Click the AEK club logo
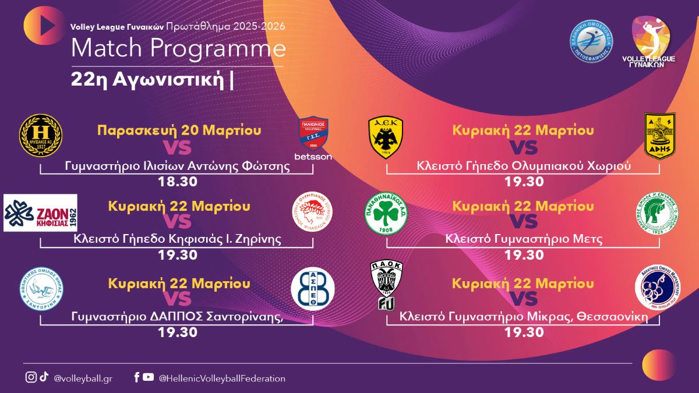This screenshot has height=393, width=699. (x=385, y=134)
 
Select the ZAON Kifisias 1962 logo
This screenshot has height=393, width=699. (x=40, y=213)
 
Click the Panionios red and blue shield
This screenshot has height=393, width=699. (x=313, y=133)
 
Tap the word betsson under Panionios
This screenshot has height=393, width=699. (x=313, y=157)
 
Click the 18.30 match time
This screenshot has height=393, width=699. (x=177, y=181)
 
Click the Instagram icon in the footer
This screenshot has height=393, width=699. (x=31, y=377)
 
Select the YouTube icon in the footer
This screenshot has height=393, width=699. (x=149, y=377)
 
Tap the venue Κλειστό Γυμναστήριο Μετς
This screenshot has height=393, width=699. (x=524, y=239)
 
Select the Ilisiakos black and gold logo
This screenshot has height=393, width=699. (x=41, y=135)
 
